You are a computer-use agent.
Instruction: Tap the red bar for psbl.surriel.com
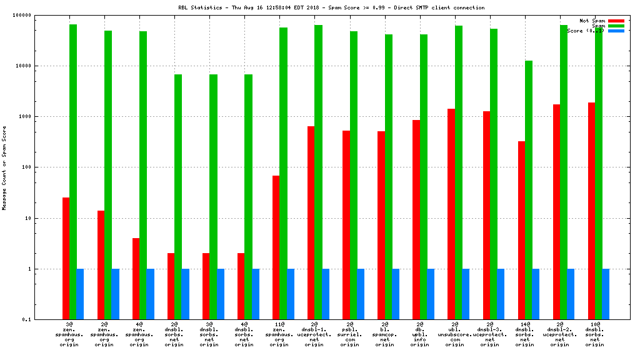346,225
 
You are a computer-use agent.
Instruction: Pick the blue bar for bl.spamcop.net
396,294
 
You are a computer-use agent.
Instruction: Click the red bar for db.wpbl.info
416,219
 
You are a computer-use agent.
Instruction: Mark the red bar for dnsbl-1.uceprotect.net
311,222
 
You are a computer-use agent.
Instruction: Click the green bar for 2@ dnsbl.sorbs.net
178,197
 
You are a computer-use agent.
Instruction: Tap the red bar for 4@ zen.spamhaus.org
136,279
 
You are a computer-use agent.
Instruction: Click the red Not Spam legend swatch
616,21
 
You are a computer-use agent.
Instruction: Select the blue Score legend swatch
616,31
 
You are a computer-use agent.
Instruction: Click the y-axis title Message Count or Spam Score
4,167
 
